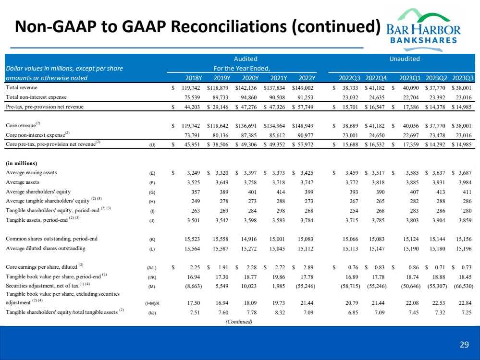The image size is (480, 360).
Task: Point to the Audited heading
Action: (245, 59)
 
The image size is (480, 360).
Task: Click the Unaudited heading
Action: (404, 59)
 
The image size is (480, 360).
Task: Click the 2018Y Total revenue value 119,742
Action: (191, 88)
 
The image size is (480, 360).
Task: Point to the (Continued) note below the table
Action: (239, 322)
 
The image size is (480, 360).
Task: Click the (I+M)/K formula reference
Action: (153, 303)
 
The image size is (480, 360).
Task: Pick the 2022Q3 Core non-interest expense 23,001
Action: (349, 134)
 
